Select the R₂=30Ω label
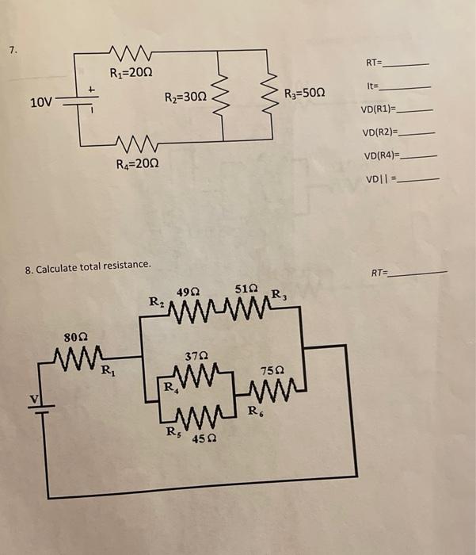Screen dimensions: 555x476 pos(185,98)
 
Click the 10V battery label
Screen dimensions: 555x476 pos(41,102)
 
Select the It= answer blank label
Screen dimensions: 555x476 pos(373,85)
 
